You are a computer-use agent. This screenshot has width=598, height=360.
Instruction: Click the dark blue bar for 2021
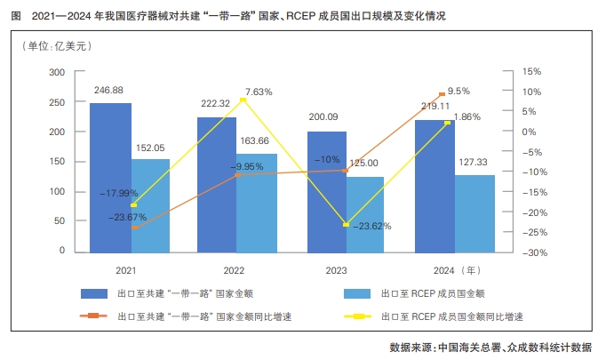(x=111, y=178)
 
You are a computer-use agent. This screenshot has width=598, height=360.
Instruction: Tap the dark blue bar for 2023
(x=326, y=192)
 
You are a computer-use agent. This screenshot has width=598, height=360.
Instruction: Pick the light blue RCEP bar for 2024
(x=474, y=213)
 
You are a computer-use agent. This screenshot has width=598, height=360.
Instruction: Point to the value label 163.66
(x=256, y=140)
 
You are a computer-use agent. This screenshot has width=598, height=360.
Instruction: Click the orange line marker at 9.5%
(x=442, y=94)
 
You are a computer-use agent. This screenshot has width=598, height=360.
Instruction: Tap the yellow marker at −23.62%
(x=346, y=225)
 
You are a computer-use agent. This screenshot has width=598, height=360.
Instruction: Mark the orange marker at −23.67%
(x=134, y=228)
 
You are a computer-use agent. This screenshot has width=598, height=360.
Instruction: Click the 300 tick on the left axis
(x=57, y=72)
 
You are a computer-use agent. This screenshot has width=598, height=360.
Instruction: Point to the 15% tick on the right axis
(x=531, y=72)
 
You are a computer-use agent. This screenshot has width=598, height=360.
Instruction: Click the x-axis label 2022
(x=234, y=268)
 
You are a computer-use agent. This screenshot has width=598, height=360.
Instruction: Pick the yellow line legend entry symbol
(x=360, y=316)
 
